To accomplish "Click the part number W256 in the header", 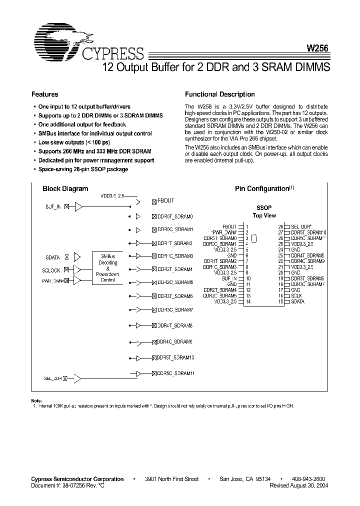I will (x=317, y=49).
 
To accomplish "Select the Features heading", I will (x=45, y=94).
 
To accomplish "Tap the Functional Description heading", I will (x=219, y=94).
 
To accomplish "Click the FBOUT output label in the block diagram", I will (x=166, y=201).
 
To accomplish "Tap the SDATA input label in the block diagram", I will (x=52, y=257).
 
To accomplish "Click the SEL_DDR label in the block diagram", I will (x=52, y=379).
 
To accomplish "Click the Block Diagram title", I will (x=65, y=189).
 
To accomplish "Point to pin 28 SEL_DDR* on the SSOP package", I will (x=300, y=226).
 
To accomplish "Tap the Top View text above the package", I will (x=264, y=216).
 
